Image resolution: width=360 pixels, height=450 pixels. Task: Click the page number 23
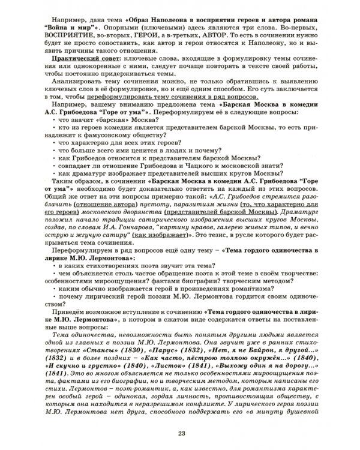pyautogui.click(x=181, y=434)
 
